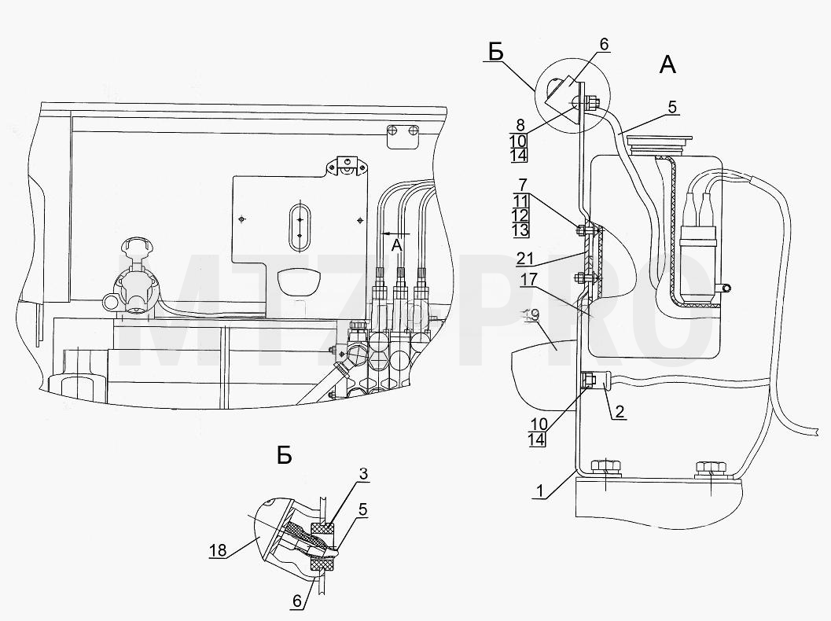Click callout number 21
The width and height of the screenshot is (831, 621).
point(524,259)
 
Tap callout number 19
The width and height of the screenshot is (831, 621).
point(531,314)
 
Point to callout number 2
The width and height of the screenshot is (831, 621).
point(620,411)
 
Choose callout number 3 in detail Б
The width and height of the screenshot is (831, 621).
point(362,474)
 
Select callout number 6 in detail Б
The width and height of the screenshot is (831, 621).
point(297,601)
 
